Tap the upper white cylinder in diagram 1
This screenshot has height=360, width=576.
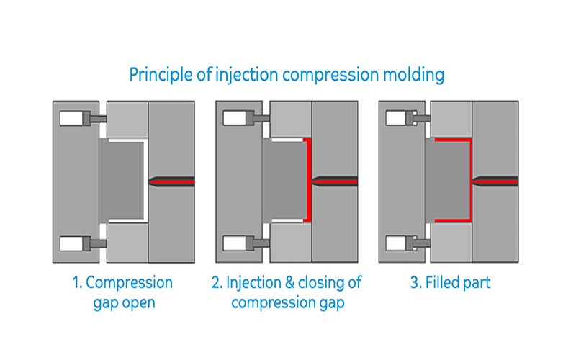(71, 117)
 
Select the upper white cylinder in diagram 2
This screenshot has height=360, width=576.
(235, 117)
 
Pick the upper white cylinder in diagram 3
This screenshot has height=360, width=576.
(398, 117)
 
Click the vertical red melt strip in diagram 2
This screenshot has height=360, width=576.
(307, 180)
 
